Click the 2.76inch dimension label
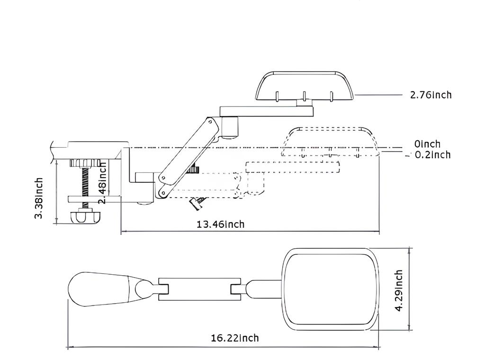tap(431, 95)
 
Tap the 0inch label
tap(427, 144)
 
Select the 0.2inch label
tap(432, 154)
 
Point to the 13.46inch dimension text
tap(221, 224)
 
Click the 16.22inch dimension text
tap(235, 338)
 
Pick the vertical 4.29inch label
tap(399, 290)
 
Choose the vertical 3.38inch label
tap(38, 198)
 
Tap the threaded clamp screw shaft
tap(85, 180)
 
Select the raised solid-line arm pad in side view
tap(305, 86)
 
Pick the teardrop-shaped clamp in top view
tap(109, 289)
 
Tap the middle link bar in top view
tap(199, 289)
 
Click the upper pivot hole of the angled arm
tap(210, 122)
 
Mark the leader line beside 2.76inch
tap(378, 95)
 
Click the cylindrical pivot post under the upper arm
tap(230, 126)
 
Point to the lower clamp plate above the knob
tap(94, 199)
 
